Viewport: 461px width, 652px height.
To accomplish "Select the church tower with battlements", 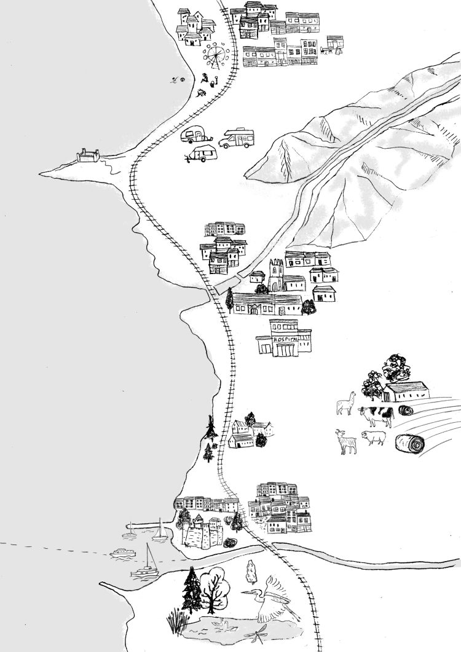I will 275,274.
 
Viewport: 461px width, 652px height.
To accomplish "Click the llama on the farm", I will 347,403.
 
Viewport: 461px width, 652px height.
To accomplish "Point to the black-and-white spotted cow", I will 376,415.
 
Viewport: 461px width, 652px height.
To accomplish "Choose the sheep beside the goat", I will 374,438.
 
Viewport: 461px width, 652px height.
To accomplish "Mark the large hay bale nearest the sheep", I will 410,442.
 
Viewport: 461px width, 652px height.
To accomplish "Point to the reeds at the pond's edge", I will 176,619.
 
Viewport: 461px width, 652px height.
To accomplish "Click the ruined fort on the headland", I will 89,155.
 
